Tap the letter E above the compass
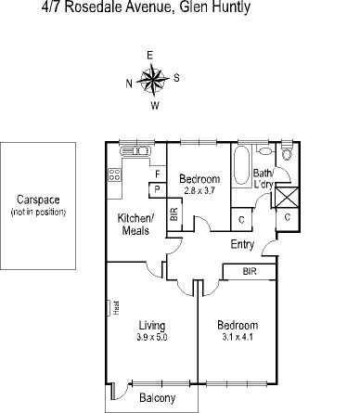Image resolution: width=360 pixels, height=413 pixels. pyautogui.click(x=150, y=55)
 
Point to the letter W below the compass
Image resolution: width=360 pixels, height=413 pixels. pyautogui.click(x=154, y=105)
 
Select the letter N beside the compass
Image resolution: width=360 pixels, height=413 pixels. pyautogui.click(x=129, y=83)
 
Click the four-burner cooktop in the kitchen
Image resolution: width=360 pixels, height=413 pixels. pyautogui.click(x=115, y=174)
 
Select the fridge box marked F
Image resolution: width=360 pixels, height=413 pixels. pyautogui.click(x=157, y=174)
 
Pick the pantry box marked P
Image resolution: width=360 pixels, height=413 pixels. pyautogui.click(x=157, y=189)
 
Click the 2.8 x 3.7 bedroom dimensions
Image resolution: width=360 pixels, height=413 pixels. pyautogui.click(x=199, y=190)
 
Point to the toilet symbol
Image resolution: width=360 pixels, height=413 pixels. pyautogui.click(x=264, y=149)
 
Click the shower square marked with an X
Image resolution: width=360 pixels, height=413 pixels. pyautogui.click(x=287, y=198)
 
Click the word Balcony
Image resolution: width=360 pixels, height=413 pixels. pyautogui.click(x=157, y=398)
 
